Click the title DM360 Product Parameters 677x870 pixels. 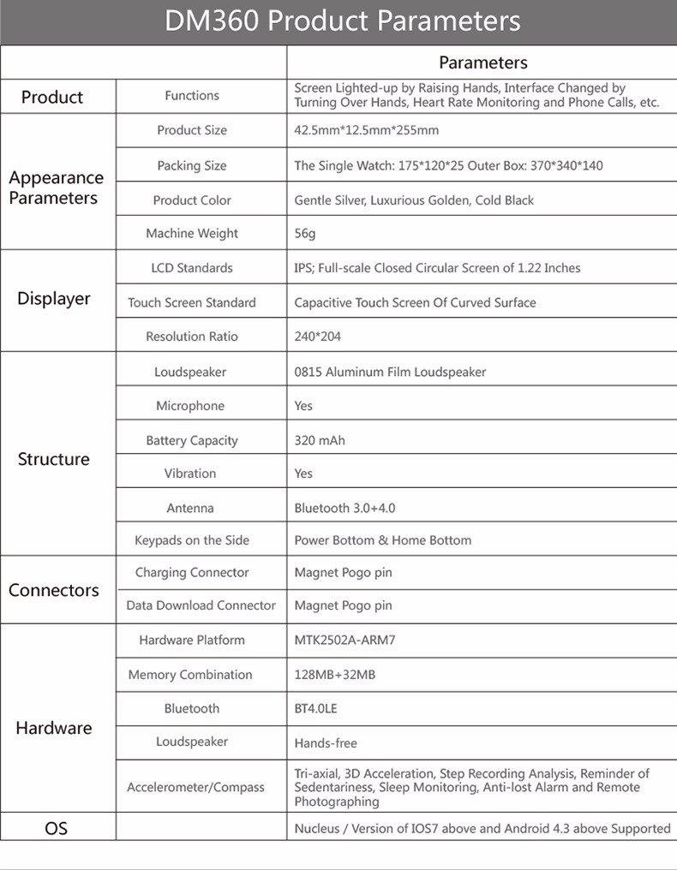(342, 21)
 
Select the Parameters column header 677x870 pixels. (482, 63)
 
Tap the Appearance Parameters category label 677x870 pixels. (56, 188)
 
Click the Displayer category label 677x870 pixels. (54, 299)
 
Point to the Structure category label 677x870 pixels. (54, 459)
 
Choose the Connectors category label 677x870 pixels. (54, 590)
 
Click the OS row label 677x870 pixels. (56, 828)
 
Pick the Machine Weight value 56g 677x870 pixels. (305, 234)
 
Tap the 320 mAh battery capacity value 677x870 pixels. (320, 440)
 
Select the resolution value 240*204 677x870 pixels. (317, 337)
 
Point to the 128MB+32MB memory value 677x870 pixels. (334, 675)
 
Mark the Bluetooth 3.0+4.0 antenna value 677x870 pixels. (344, 508)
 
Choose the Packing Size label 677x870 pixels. (192, 165)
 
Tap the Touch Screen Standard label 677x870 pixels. (192, 302)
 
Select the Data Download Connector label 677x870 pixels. (201, 605)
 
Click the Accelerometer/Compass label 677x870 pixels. (195, 787)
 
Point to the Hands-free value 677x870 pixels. (326, 743)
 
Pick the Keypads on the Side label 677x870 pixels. (192, 540)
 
